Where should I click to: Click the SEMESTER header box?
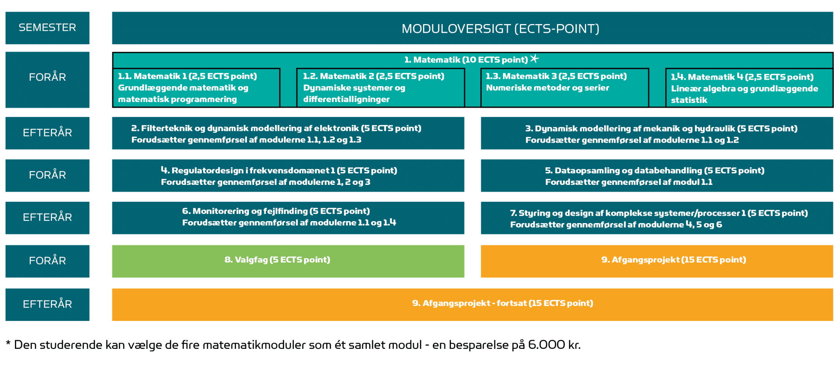pos(47,28)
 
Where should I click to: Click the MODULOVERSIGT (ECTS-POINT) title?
pos(500,29)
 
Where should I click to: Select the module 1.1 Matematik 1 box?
pos(196,88)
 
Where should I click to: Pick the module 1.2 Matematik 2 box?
pos(380,88)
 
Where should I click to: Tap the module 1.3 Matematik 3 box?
pos(565,88)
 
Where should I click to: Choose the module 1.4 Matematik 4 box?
pos(749,88)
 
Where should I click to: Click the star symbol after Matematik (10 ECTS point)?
pos(534,59)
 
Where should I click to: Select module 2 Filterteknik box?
pos(288,133)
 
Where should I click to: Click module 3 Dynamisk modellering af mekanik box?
pos(657,133)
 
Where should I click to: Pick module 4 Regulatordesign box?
pos(288,175)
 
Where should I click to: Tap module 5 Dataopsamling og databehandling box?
pos(657,175)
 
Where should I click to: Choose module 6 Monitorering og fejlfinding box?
pos(288,218)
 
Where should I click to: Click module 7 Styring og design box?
pos(657,218)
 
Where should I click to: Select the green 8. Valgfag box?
pos(288,261)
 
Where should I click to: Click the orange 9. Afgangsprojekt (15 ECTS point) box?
pos(657,261)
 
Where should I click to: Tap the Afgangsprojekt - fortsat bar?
pos(473,305)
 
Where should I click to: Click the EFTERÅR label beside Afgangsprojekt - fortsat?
pos(47,305)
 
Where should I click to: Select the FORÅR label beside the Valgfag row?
pos(47,261)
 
